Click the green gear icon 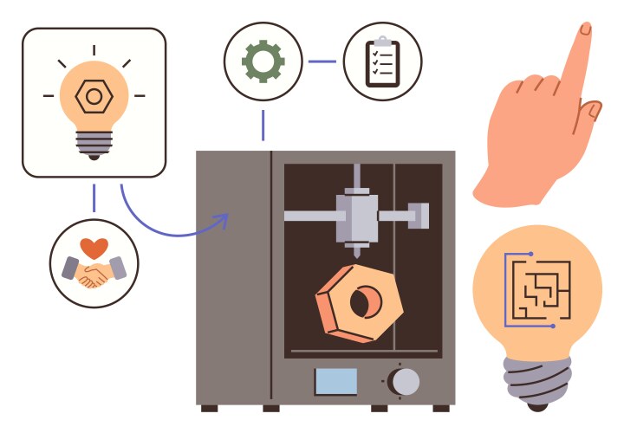pos(263,61)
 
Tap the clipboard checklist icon pos(382,62)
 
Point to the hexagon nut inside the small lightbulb pos(93,97)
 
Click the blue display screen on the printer pos(335,381)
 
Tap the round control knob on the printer pos(404,381)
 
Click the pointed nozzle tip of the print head pos(356,253)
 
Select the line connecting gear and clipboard pos(322,61)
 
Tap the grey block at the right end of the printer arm pos(419,214)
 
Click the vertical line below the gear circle pos(263,125)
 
